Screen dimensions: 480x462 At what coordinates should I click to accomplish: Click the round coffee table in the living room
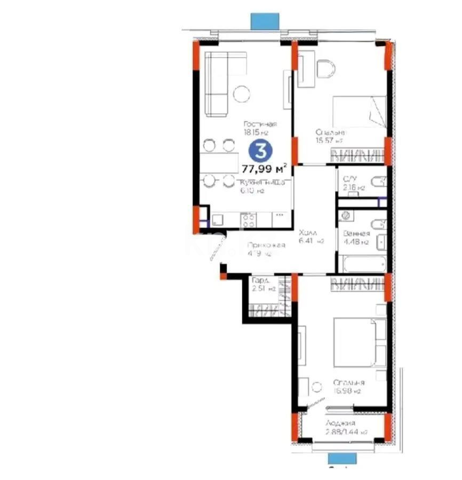coord(242,94)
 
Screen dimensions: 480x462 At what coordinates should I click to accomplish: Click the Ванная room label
coord(355,233)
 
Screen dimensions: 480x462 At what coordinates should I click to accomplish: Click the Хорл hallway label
coord(308,233)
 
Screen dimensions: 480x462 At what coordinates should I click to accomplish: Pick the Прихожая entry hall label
coord(266,245)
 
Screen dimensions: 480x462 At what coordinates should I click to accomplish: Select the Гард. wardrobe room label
coord(261,281)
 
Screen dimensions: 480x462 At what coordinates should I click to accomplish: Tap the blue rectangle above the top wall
coord(265,20)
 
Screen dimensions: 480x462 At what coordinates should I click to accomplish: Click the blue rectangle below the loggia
coord(341,458)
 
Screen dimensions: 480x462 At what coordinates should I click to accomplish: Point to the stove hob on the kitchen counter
coord(249,219)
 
